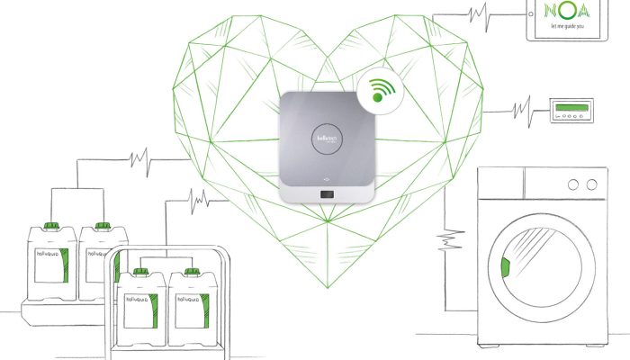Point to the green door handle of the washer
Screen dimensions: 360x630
click(x=505, y=267)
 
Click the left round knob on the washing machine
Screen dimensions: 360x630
click(x=572, y=185)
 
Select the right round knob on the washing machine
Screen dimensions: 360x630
click(x=592, y=185)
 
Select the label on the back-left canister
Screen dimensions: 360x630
click(x=49, y=265)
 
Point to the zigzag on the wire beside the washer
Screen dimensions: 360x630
click(x=443, y=241)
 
